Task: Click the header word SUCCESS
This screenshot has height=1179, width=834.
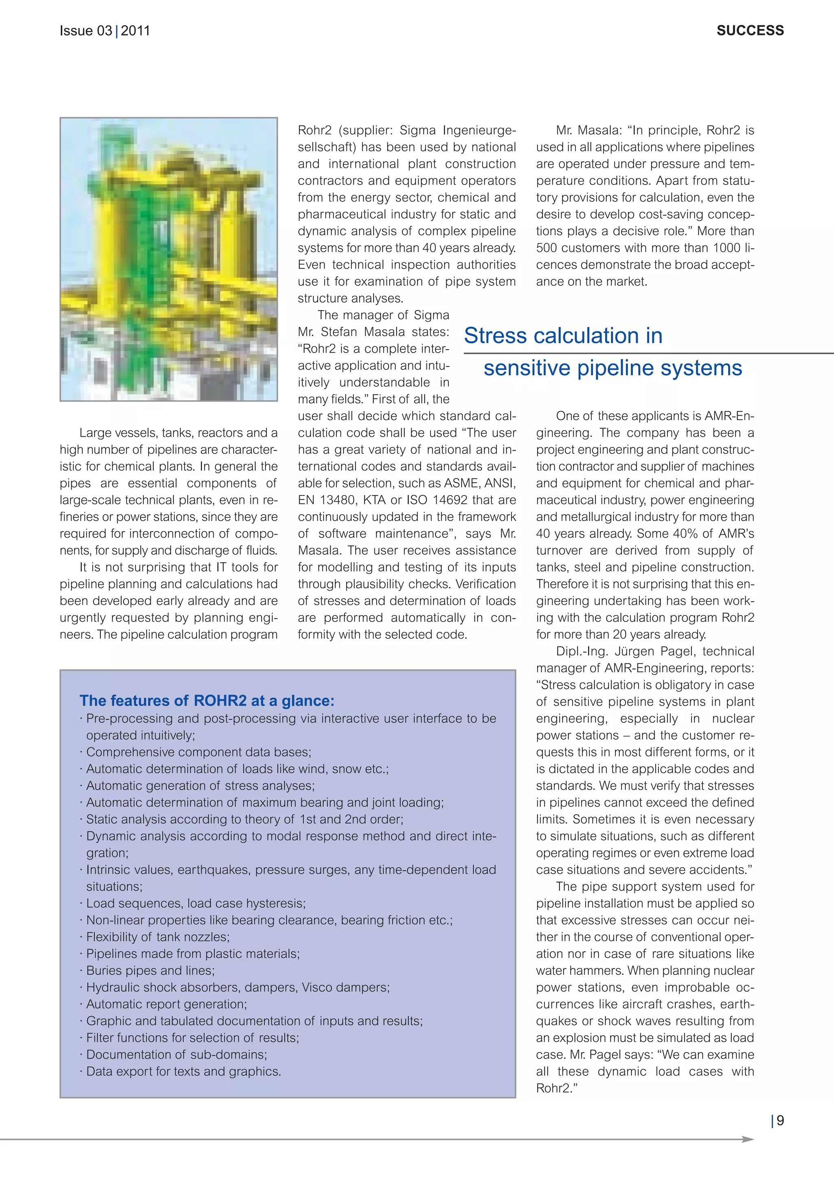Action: coord(750,31)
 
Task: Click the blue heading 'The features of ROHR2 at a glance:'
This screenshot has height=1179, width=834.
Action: coord(207,701)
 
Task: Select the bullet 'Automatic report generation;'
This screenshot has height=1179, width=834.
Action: coord(167,1004)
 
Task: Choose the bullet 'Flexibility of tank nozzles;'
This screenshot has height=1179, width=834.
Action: coord(158,937)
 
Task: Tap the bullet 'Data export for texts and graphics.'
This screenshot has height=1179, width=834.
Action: coord(183,1071)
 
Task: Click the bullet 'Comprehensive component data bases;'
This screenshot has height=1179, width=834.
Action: coord(199,752)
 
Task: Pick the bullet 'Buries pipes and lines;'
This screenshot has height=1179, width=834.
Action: coord(150,971)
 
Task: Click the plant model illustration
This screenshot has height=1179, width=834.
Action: coord(169,259)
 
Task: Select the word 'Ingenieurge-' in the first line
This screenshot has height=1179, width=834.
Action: coord(480,130)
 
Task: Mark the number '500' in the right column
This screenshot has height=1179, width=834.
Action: coord(546,248)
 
